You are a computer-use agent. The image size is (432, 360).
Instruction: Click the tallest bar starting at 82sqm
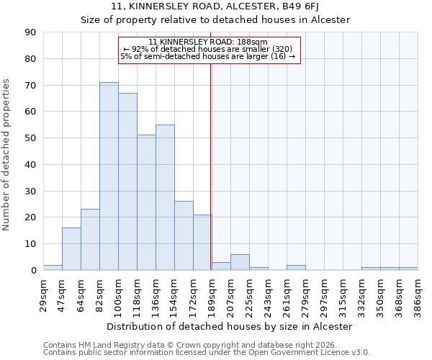click(x=109, y=176)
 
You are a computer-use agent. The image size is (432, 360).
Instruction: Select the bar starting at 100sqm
click(x=127, y=181)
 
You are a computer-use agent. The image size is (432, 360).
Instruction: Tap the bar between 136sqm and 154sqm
click(x=165, y=197)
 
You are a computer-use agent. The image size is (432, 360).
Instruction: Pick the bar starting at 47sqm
click(x=71, y=249)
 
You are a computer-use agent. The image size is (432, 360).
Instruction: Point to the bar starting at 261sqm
click(x=296, y=268)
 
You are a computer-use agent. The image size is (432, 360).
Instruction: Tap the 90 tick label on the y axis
click(x=30, y=32)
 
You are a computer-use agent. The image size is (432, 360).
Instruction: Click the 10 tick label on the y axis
click(x=30, y=244)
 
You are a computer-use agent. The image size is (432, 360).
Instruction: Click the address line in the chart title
click(x=215, y=6)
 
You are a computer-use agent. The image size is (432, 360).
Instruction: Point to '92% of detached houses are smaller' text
click(x=207, y=49)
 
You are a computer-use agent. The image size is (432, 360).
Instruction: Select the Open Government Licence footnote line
click(x=207, y=353)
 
